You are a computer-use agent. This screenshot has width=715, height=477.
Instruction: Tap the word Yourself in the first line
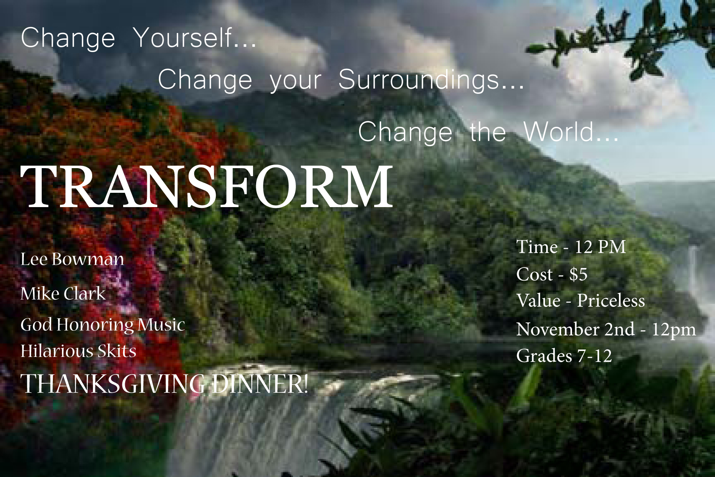tap(195, 38)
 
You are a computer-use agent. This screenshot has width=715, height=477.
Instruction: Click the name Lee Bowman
tap(72, 259)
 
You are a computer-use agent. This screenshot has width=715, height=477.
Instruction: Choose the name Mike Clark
tap(63, 294)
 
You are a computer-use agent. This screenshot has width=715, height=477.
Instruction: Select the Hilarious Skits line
tap(78, 351)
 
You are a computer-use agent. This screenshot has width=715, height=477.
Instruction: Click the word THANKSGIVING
tap(114, 384)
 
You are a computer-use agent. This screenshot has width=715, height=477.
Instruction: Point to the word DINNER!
tap(259, 384)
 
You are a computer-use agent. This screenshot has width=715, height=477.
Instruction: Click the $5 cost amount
tap(578, 274)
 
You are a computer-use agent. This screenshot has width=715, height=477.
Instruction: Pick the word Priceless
tap(611, 301)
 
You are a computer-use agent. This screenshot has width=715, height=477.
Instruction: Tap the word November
tap(558, 330)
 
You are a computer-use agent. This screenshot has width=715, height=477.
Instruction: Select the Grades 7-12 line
tap(564, 356)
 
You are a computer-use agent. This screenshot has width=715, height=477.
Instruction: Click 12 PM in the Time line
tap(600, 247)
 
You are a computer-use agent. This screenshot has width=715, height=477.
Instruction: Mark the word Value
tap(538, 301)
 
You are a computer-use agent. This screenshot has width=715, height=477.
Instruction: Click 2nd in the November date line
tap(620, 330)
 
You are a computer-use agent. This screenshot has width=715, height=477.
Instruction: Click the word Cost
tap(535, 274)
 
